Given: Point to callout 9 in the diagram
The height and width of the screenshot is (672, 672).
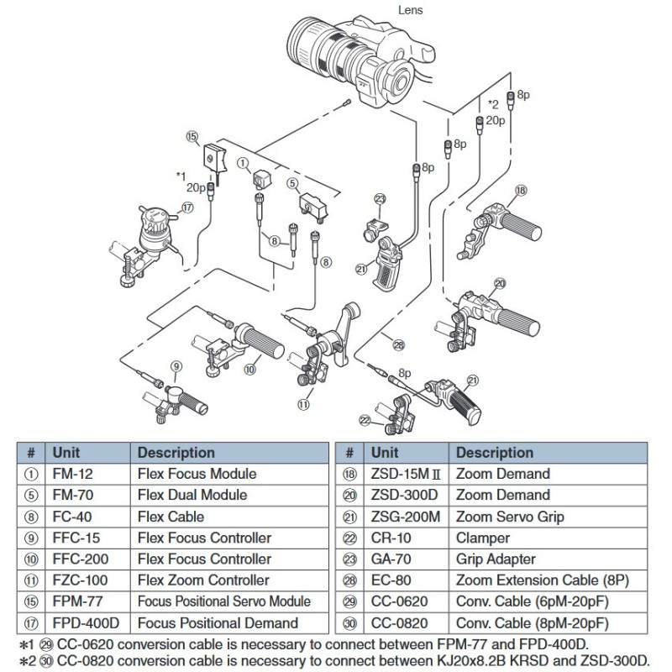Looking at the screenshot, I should [x=176, y=365].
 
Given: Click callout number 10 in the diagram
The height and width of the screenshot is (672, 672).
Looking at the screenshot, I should [x=250, y=369].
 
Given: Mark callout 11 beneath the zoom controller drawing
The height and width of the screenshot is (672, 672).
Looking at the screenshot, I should [x=303, y=403].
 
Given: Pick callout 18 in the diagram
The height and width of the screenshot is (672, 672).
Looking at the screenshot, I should [x=520, y=191].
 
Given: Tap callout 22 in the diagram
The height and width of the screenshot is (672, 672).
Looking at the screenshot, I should [x=365, y=420].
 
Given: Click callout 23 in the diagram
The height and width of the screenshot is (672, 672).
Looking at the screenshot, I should [x=380, y=199].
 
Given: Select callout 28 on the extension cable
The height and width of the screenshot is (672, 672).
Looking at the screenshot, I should [x=398, y=344].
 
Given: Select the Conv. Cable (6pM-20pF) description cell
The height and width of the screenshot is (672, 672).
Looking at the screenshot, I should [x=533, y=601].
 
